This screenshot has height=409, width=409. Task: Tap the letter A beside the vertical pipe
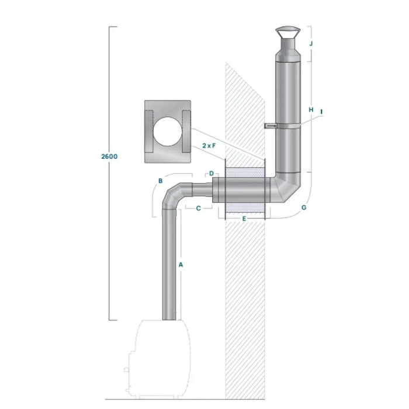click(181, 265)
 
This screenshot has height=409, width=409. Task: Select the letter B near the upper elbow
click(160, 181)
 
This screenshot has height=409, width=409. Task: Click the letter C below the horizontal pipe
click(199, 207)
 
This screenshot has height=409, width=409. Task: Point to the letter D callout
click(212, 174)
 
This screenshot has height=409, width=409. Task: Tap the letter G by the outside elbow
click(303, 207)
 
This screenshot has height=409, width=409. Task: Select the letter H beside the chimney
click(311, 109)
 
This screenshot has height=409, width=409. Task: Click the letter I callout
click(321, 110)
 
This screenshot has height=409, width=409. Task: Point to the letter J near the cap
click(311, 43)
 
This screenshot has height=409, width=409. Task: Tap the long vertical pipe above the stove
click(168, 263)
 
